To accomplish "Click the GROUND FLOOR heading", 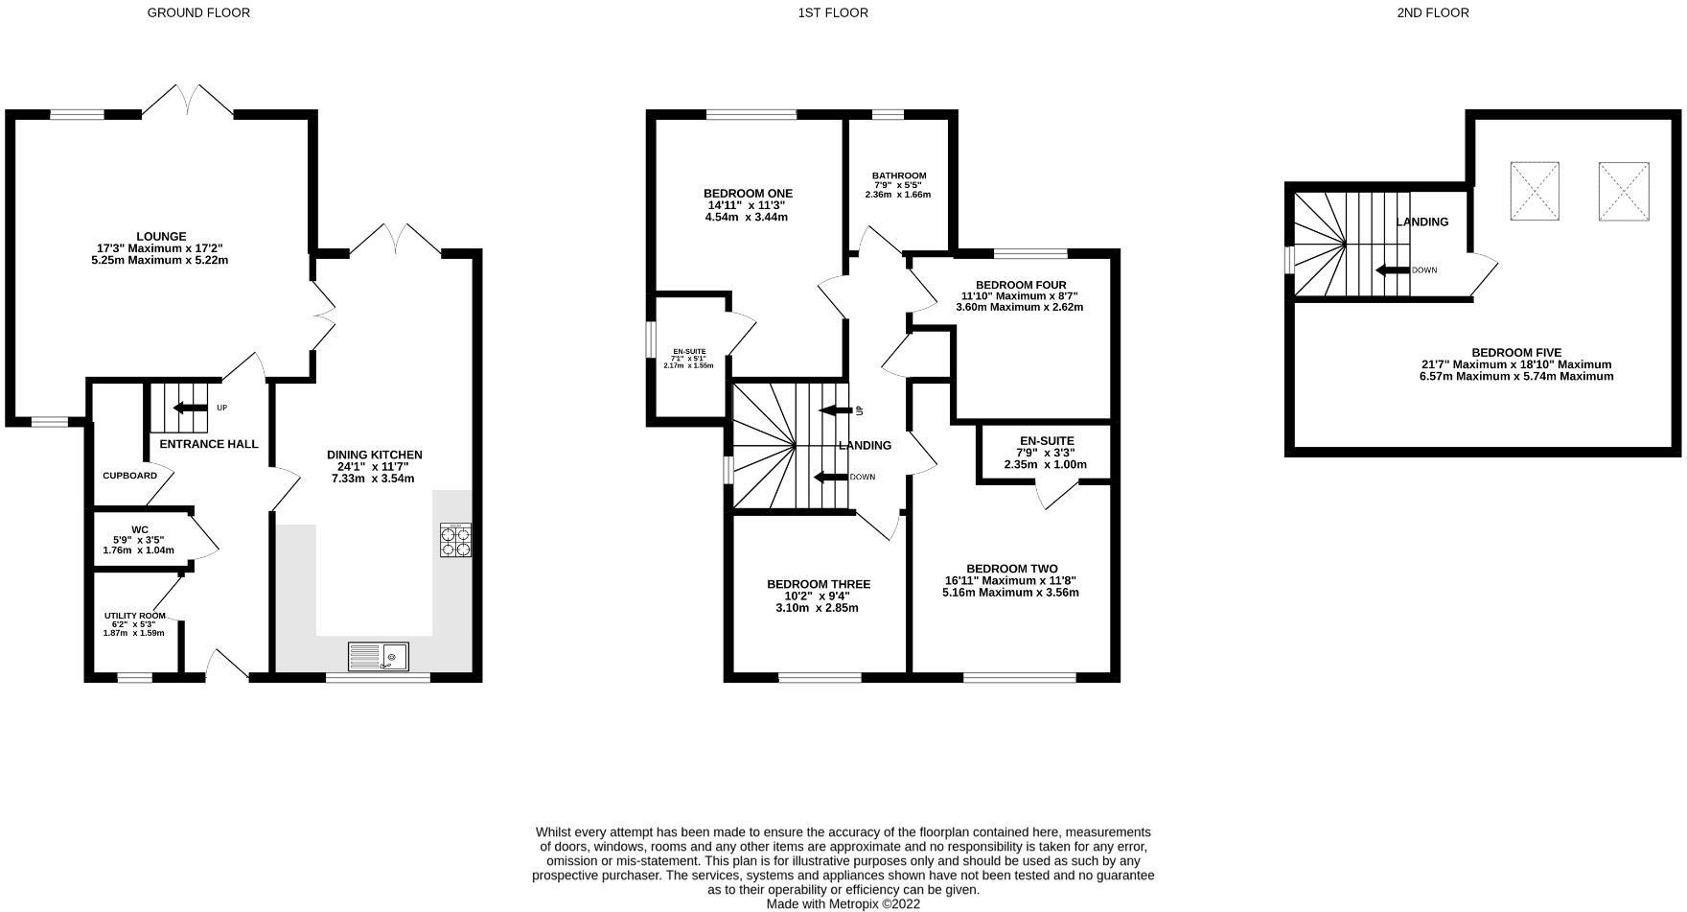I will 198,12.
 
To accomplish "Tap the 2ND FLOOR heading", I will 1433,12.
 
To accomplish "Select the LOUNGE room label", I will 161,236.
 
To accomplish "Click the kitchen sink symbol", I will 379,657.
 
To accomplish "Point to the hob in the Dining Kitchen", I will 455,540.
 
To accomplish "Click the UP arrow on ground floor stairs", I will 190,408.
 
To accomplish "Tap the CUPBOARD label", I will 129,476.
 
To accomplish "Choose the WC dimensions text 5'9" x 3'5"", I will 139,540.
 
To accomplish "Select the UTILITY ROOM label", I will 134,616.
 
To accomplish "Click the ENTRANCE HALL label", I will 209,444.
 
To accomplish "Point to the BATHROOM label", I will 898,175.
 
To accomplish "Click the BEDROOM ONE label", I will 748,194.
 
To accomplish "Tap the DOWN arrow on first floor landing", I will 830,477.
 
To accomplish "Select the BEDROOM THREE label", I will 818,584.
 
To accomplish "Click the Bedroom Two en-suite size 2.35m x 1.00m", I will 1045,464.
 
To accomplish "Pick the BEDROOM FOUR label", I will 1020,285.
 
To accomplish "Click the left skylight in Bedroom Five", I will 1535,192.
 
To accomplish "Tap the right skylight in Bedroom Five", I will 1623,192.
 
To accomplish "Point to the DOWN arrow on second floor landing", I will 1392,270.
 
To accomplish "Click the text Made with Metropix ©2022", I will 843,903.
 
